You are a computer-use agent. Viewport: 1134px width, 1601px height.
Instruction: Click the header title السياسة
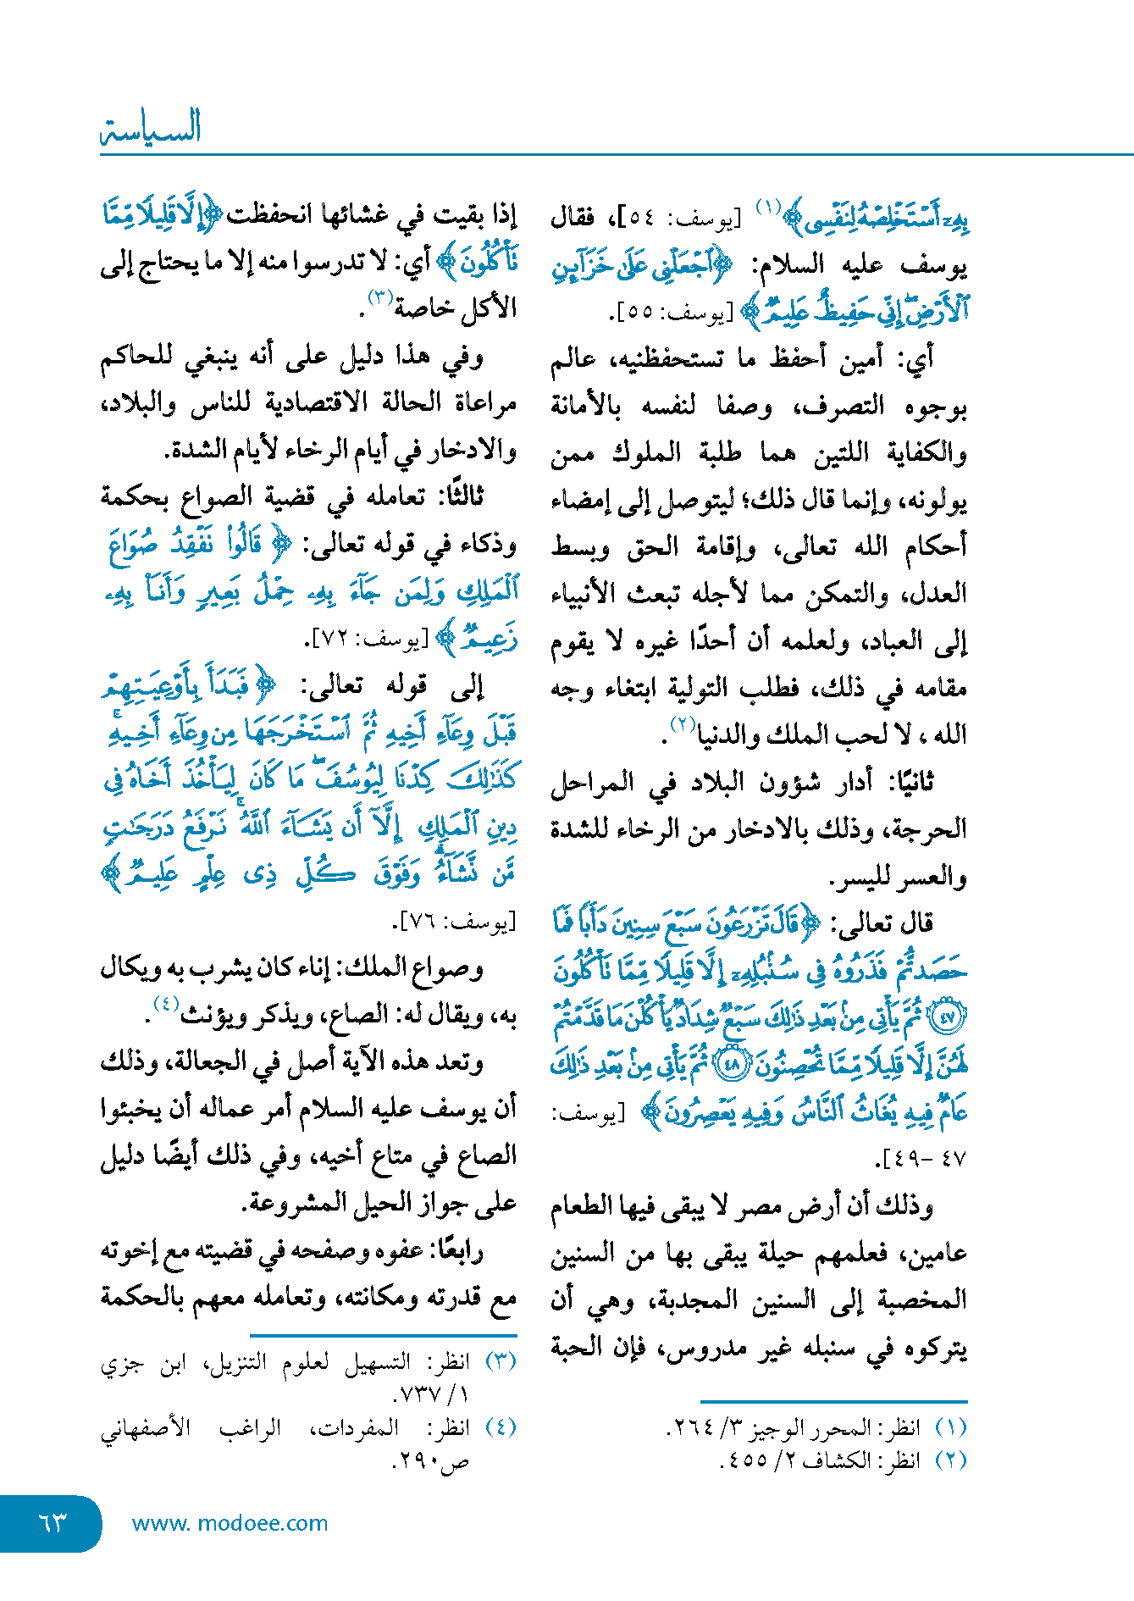click(151, 129)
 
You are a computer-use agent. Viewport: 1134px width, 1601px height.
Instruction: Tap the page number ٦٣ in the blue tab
click(53, 1522)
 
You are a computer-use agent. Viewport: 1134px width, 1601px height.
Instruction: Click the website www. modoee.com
click(230, 1523)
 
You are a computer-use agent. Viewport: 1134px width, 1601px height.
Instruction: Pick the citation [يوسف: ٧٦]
click(454, 922)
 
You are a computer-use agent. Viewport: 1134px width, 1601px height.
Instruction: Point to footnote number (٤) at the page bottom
click(500, 1427)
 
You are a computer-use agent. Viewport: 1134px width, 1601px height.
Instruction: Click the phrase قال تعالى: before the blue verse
click(882, 923)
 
